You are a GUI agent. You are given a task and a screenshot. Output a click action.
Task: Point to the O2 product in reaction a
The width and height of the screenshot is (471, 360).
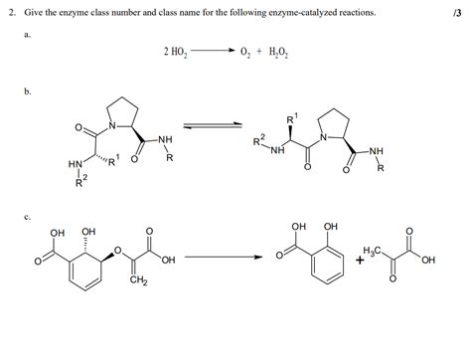tap(244, 52)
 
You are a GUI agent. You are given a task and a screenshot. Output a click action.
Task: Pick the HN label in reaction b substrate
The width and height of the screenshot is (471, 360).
tap(75, 164)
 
